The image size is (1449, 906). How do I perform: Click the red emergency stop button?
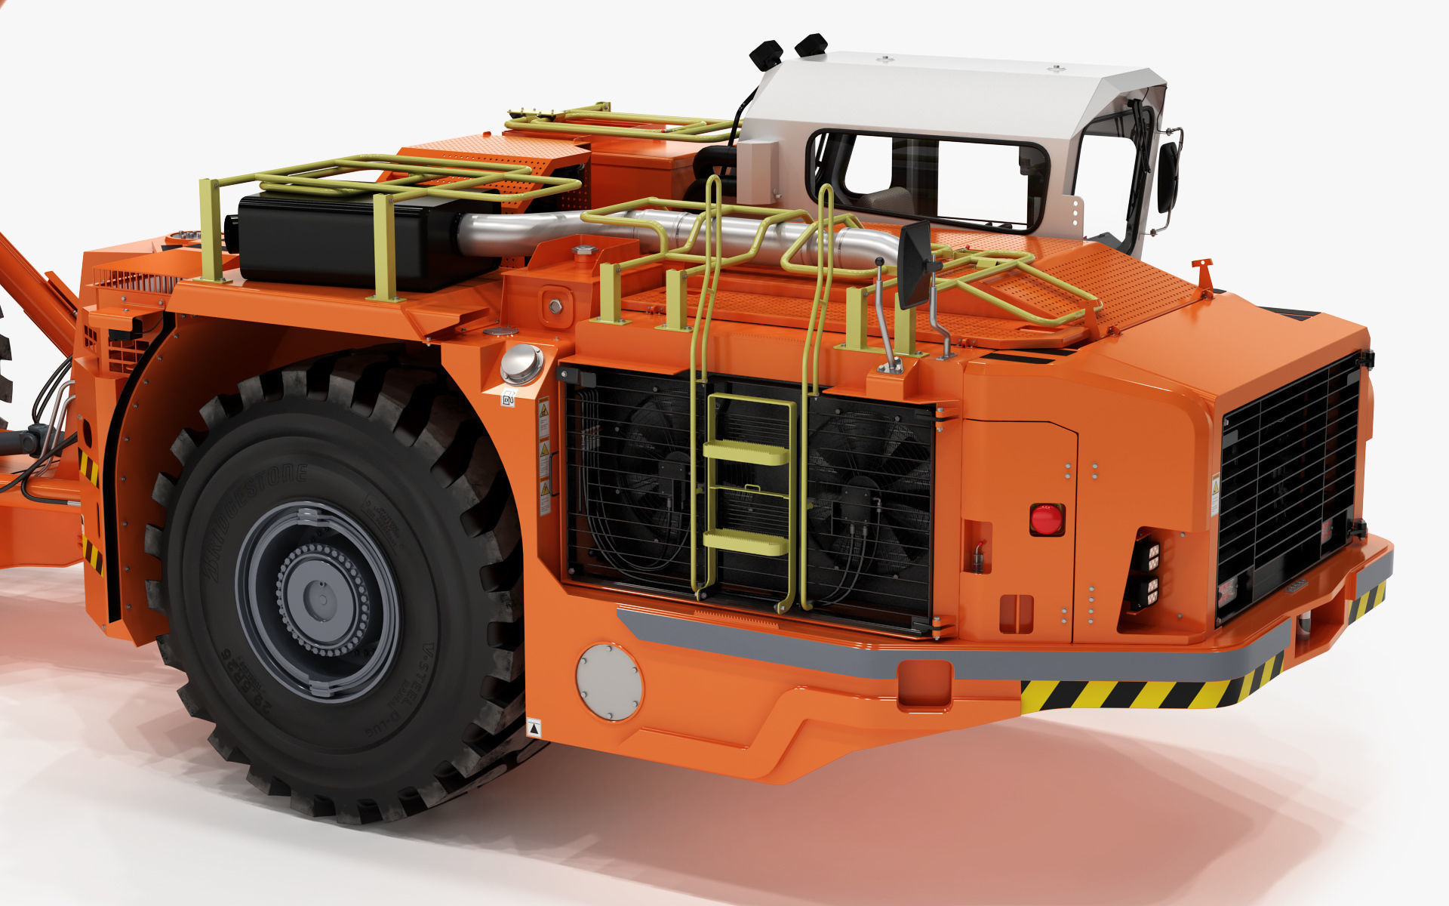[1047, 519]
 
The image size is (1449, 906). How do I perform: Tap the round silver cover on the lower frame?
[609, 682]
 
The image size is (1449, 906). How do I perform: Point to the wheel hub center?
[321, 600]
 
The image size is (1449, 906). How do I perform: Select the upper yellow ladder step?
[746, 452]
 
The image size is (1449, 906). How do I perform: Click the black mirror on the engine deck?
[914, 264]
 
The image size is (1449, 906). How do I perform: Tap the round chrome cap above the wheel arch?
[521, 363]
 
